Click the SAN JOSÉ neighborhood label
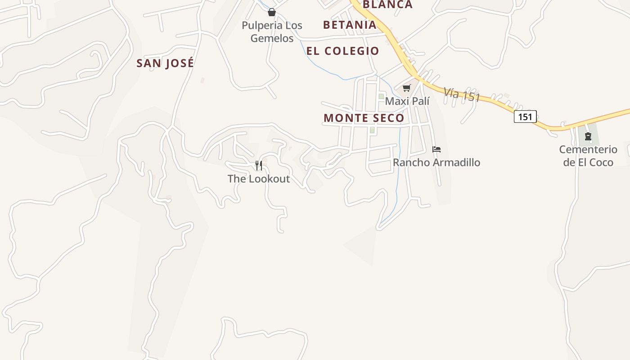[165, 63]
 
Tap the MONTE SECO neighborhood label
[364, 118]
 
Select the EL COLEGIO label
[343, 51]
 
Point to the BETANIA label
[350, 25]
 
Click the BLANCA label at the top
[387, 4]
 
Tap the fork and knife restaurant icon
[259, 166]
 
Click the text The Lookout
[259, 179]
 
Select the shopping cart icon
[407, 88]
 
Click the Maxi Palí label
[407, 101]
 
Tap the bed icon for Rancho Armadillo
[436, 149]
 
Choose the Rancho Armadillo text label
[436, 162]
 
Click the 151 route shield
[525, 117]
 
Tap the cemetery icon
[588, 136]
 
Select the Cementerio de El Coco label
[588, 156]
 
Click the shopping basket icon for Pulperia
[272, 12]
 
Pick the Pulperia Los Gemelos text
[272, 32]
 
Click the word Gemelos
[272, 39]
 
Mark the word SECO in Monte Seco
[385, 118]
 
